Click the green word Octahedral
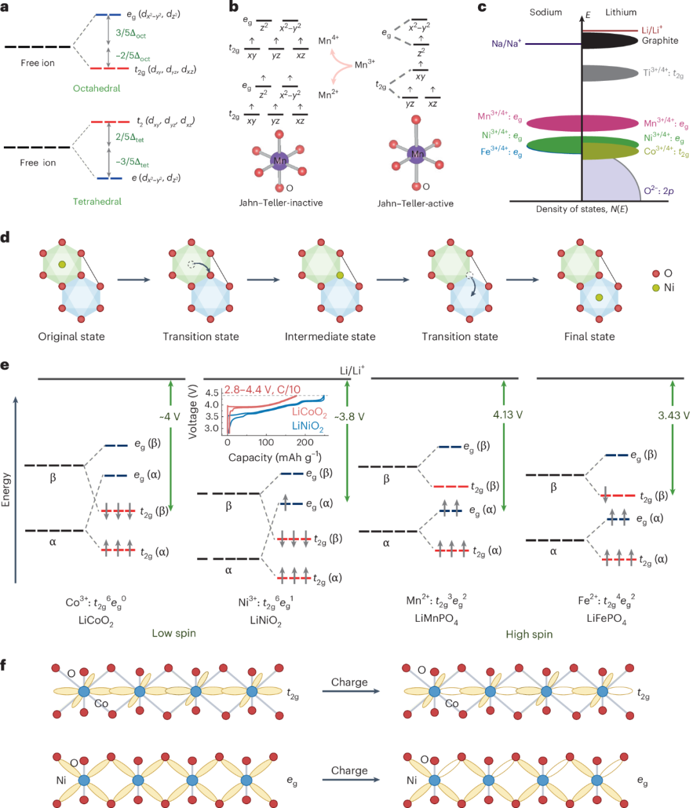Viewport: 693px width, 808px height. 96,89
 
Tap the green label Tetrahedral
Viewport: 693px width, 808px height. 98,201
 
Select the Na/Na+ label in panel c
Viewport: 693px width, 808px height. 506,43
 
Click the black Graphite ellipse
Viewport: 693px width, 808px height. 610,41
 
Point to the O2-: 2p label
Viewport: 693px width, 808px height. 658,191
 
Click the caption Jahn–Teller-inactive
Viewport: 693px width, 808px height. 281,203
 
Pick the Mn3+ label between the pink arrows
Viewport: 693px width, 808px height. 364,64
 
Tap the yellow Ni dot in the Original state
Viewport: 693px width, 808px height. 62,265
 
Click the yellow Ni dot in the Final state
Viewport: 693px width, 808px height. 599,297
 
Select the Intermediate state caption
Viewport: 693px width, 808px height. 330,337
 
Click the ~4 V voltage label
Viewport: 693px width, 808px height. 169,417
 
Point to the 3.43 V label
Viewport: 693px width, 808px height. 674,415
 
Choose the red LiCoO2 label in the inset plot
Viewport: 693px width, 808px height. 309,412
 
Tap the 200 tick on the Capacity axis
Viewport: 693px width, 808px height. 305,442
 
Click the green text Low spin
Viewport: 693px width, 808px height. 174,633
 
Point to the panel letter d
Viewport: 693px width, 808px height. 5,237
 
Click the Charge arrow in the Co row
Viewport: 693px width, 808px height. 351,691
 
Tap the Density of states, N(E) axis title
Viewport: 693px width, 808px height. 581,209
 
